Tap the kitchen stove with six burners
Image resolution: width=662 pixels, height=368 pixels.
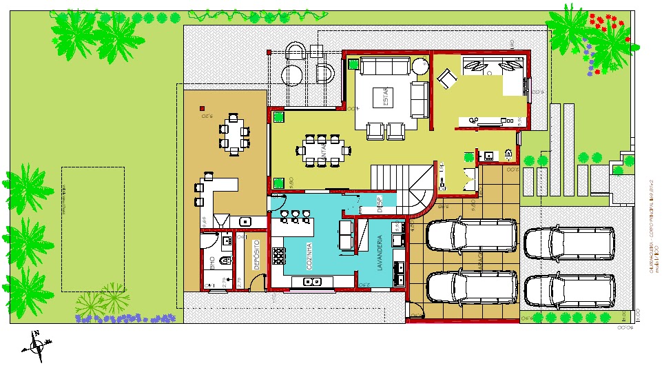pos(279,255)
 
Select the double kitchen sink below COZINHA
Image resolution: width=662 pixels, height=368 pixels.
pos(312,280)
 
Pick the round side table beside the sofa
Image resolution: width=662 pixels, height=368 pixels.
pos(420,66)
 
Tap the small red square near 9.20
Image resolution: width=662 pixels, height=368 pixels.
pos(202,108)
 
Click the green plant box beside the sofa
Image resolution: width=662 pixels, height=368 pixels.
pos(353,64)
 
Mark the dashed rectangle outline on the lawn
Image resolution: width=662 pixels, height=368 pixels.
pos(93,229)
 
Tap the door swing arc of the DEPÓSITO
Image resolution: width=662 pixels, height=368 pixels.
pos(257,283)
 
